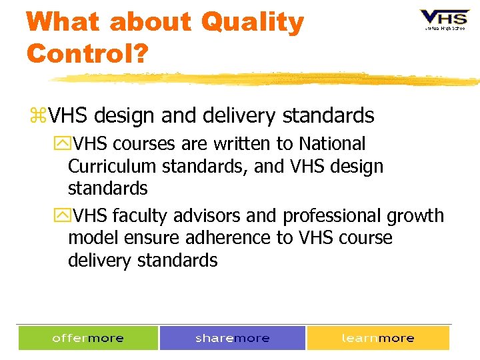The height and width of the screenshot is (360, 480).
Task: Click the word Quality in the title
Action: tap(252, 23)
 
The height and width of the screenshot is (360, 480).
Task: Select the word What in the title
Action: tap(63, 23)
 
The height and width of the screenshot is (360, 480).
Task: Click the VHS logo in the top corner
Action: tap(443, 19)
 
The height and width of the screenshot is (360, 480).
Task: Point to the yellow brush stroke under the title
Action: tap(267, 79)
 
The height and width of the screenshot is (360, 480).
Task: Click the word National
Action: tap(332, 144)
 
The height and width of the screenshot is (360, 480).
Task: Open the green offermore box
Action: tap(88, 338)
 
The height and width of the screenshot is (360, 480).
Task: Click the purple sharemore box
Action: tap(232, 338)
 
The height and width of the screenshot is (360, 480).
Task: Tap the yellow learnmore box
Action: tap(377, 338)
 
